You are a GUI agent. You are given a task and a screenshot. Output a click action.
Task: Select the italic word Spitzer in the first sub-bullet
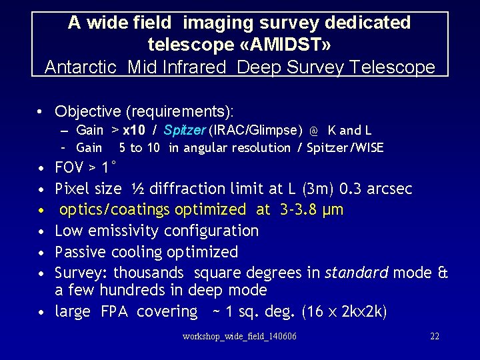coord(185,130)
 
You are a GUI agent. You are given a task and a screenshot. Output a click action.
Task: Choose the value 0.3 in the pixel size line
coord(359,189)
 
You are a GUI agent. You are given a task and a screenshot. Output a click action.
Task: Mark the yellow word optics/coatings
coord(115,210)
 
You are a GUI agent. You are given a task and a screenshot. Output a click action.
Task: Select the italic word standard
coord(357,273)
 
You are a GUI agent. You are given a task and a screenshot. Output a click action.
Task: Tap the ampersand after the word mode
coord(443,273)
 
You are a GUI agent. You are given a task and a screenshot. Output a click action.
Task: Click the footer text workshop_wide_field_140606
coord(239,337)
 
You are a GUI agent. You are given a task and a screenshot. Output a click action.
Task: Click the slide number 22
coord(435,337)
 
